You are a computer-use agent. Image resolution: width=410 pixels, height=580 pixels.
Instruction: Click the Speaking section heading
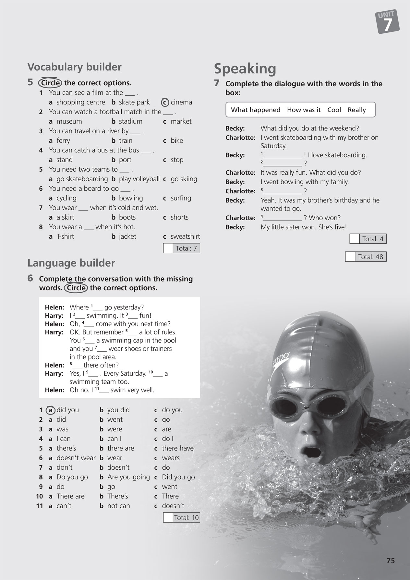tap(245, 69)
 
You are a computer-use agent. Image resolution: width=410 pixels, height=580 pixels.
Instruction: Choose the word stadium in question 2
tap(130, 121)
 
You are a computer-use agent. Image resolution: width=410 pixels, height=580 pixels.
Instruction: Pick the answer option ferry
tap(63, 140)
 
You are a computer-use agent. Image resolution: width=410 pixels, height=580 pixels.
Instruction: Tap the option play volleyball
tap(139, 179)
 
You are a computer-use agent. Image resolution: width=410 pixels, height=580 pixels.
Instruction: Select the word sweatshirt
tap(185, 236)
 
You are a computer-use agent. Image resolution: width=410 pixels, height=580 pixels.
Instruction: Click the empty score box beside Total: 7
tap(168, 248)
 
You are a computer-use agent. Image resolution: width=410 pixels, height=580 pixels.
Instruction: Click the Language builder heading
tap(71, 263)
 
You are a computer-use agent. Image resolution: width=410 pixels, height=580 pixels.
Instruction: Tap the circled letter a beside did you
tap(50, 410)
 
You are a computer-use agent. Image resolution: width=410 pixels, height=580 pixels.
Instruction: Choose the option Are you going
tap(128, 477)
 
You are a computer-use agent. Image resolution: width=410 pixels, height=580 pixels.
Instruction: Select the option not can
tap(118, 506)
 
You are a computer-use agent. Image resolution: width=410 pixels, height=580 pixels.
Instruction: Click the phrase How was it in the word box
tap(304, 110)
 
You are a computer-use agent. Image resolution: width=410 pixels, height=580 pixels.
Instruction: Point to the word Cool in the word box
tap(334, 110)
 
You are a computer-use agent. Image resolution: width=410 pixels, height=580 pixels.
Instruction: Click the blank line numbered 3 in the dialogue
tap(283, 191)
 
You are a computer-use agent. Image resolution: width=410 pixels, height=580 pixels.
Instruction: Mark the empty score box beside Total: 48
tap(350, 257)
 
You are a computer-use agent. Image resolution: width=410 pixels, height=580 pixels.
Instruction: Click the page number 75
tap(391, 561)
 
